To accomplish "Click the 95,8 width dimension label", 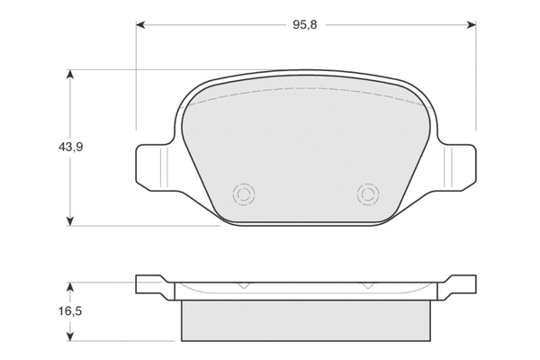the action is point(305,25).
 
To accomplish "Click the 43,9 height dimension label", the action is point(70,147).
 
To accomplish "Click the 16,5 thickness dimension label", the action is point(70,311).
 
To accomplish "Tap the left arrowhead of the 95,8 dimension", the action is point(140,25).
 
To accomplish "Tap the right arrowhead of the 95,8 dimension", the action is point(472,25).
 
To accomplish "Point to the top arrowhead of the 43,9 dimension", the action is point(70,74).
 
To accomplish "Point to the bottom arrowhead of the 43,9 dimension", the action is point(70,221).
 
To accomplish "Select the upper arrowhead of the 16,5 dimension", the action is point(70,287).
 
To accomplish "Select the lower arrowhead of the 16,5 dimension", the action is point(70,337).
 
